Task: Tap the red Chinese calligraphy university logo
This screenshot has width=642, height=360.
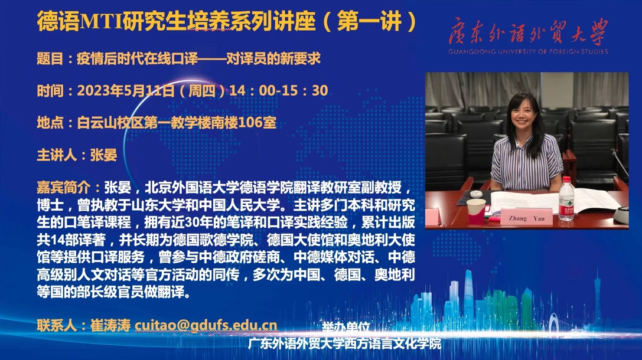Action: click(528, 31)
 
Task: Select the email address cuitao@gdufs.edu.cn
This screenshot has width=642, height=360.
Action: click(206, 325)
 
